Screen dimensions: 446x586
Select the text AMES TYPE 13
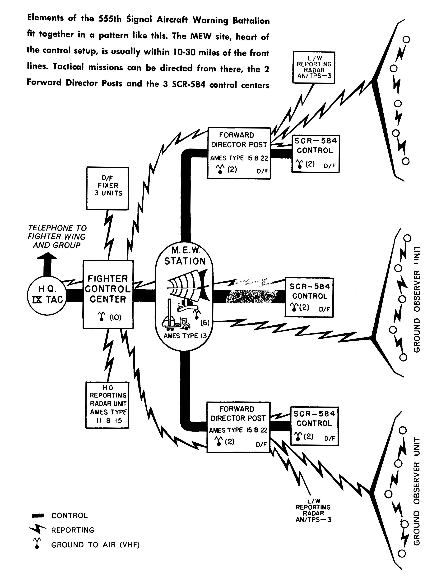[x=185, y=336]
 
